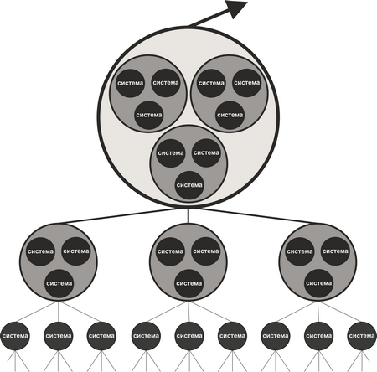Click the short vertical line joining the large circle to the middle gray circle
pos(188,215)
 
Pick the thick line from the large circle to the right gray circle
pos(257,216)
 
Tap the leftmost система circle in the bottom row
pos(15,336)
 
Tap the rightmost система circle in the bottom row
pos(362,336)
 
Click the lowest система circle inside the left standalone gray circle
pos(59,283)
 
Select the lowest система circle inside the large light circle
pos(189,185)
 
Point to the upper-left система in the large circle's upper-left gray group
pos(130,83)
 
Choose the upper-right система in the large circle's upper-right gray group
pos(247,83)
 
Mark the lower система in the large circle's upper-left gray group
pos(148,115)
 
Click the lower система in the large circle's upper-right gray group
pos(230,115)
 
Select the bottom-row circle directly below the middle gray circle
pos(189,336)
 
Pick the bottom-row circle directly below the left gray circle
pos(59,336)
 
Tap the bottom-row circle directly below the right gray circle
pos(319,336)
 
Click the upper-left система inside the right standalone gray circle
pos(300,251)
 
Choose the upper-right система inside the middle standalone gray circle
pos(206,251)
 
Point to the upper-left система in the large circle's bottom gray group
pos(171,153)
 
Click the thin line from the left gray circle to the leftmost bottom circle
pos(37,312)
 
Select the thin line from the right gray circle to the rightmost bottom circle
pos(340,312)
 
